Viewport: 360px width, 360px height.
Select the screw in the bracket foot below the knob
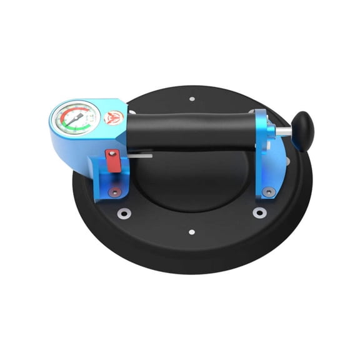[269, 192]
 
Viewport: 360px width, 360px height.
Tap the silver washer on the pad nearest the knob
[258, 212]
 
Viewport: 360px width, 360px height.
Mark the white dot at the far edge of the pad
[192, 98]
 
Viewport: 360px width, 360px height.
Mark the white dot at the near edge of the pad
[192, 232]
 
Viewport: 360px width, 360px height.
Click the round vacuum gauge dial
[76, 119]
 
